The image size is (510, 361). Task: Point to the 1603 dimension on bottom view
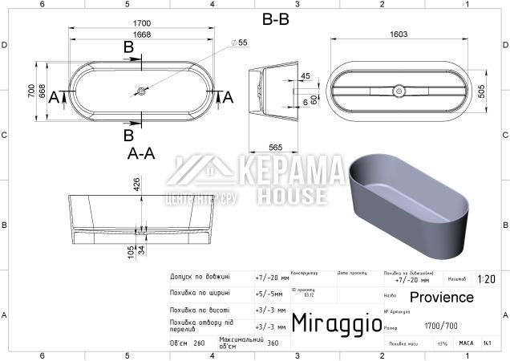pos(399,34)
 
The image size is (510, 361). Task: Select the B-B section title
pos(275,19)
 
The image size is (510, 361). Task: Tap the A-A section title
pos(140,153)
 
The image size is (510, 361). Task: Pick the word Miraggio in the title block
pos(336,323)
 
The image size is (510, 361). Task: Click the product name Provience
pos(447,298)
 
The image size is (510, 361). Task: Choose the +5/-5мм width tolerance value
pos(271,293)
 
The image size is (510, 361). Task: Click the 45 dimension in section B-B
pos(305,75)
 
